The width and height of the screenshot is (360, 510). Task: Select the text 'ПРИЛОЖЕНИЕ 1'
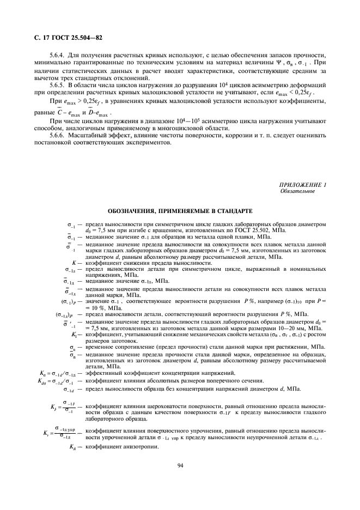(302, 186)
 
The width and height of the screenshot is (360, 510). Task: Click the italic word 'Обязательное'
(297, 192)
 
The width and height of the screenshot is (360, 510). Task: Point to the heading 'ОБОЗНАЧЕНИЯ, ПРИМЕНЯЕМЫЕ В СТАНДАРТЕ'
(180, 211)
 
